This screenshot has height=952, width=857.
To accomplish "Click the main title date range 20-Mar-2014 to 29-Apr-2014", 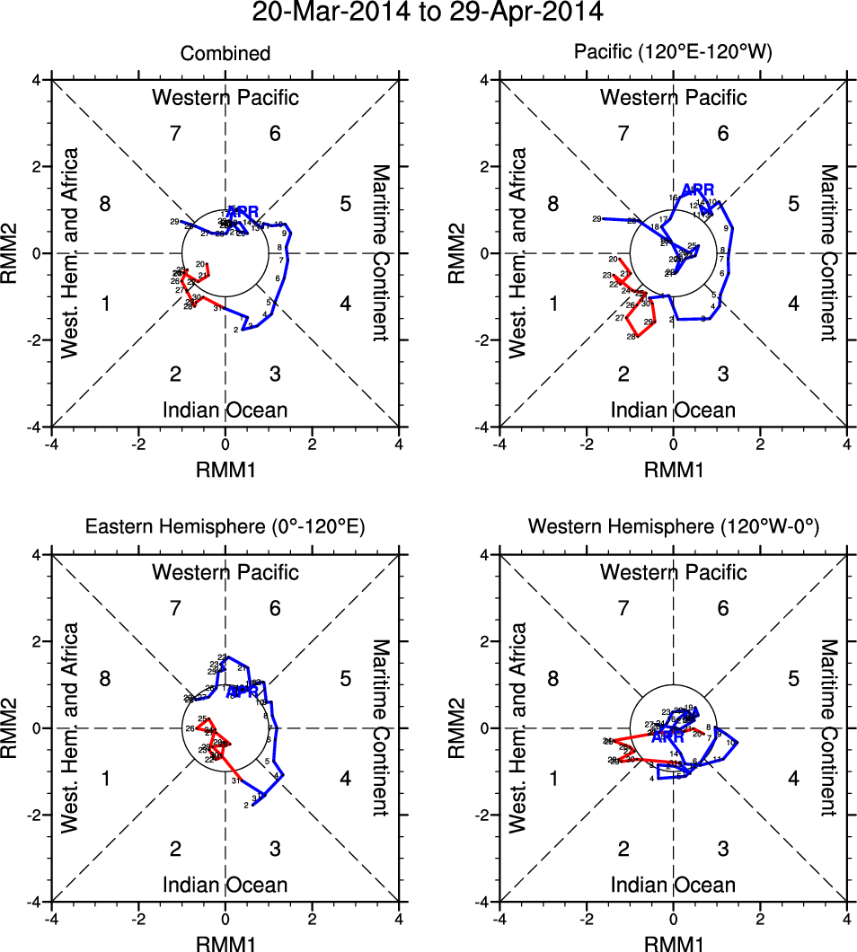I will pos(428,13).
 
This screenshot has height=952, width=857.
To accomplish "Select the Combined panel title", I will pos(225,54).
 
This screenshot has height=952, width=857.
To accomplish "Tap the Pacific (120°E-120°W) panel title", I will pos(674,54).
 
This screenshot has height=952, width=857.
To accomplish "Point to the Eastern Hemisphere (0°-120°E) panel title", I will pos(225,528).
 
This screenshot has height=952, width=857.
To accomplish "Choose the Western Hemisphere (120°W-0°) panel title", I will pos(674,528).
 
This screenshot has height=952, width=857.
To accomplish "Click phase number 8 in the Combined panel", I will pos(105,205).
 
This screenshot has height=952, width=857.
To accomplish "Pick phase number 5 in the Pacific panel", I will pos(793,205).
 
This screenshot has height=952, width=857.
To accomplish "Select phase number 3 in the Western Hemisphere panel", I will pos(723,849).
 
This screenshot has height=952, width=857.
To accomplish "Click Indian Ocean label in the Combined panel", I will pos(225,410).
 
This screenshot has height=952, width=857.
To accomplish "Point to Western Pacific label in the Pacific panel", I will pos(674,97).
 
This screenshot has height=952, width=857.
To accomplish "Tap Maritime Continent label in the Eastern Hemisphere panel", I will pos(382,727).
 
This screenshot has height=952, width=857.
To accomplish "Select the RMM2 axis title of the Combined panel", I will pos(13,253).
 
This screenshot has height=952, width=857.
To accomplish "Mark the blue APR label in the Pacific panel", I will pos(698,190).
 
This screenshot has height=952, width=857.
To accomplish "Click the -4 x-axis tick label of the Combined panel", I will pos(52,444).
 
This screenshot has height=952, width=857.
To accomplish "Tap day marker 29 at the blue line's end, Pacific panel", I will pos(596,219).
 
